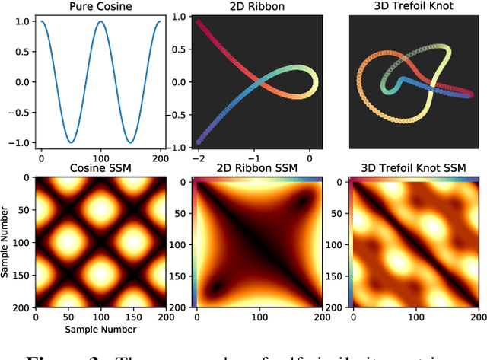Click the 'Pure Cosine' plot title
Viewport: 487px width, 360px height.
tap(100, 7)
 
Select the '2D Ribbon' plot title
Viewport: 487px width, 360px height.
tap(254, 7)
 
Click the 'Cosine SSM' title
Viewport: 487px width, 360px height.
tap(100, 168)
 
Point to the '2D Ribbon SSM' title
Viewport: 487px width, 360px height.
tap(254, 168)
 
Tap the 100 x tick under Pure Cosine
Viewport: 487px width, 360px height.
tap(100, 158)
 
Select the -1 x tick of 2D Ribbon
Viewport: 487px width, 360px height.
tap(254, 158)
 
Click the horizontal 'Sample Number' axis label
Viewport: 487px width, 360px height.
tap(100, 329)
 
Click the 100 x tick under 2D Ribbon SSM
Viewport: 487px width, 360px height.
tap(254, 316)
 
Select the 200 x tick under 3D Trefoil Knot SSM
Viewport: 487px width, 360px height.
tap(473, 316)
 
